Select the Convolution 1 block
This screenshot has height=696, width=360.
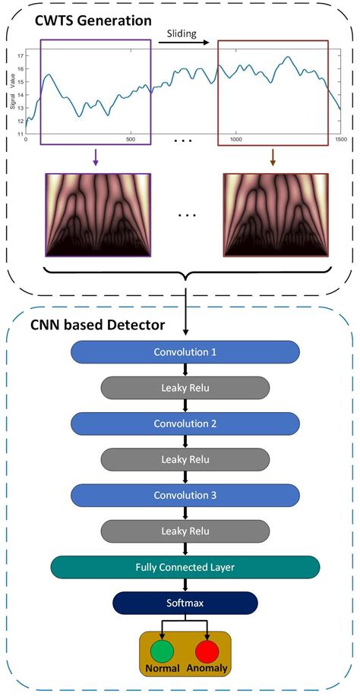[185, 352]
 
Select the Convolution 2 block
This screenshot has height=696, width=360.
[185, 424]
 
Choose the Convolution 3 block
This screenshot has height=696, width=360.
[185, 495]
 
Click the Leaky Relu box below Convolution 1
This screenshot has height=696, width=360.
[185, 388]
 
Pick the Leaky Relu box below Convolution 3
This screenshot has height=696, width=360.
[185, 531]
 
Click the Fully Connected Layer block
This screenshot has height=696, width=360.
[185, 567]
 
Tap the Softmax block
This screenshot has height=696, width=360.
[185, 603]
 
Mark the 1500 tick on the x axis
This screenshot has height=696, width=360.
[339, 140]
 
